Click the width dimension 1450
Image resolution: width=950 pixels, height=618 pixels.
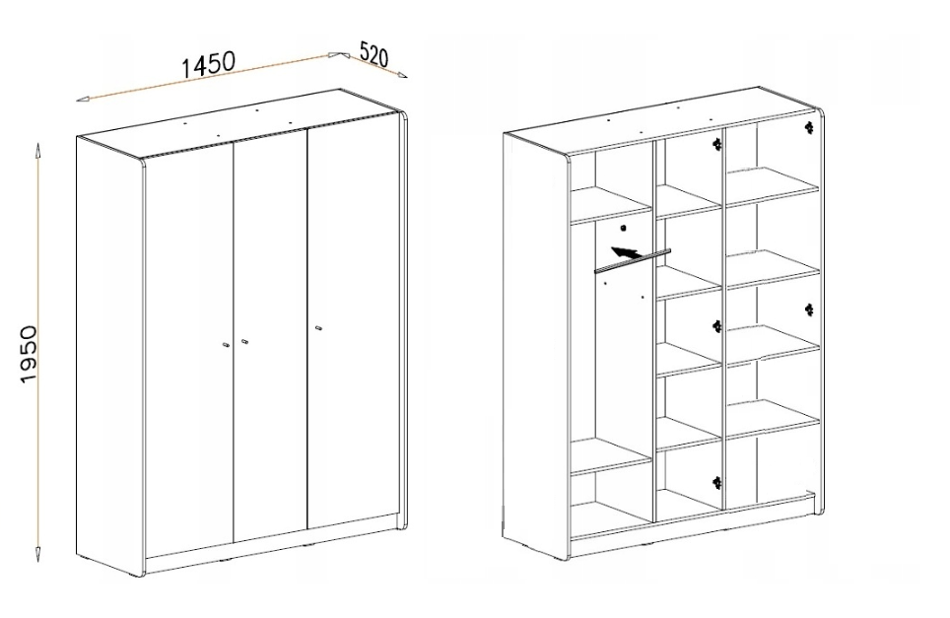click(208, 64)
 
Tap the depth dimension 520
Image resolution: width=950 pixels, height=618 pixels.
click(373, 54)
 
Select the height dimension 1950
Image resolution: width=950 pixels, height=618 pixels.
click(29, 354)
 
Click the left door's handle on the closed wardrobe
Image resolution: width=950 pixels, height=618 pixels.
click(225, 345)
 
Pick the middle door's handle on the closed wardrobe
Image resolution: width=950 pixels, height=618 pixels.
click(244, 341)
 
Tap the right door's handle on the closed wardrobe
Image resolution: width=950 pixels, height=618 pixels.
click(318, 328)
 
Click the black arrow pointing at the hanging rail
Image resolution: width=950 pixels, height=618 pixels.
click(626, 253)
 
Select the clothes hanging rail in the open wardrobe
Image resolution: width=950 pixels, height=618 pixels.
click(633, 261)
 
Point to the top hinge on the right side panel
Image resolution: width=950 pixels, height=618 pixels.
click(809, 127)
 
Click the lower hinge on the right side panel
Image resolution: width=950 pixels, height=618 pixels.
click(809, 309)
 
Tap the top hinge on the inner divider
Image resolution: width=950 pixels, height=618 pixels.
click(717, 144)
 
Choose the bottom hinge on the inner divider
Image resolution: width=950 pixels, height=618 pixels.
click(717, 483)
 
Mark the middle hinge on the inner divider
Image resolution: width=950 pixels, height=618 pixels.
click(717, 326)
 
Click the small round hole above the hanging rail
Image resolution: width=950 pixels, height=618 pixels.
click(623, 228)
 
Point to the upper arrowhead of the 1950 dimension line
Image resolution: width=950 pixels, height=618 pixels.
click(38, 149)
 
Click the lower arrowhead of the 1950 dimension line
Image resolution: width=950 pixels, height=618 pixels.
click(38, 554)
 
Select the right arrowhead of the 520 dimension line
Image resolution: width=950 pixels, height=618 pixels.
click(402, 75)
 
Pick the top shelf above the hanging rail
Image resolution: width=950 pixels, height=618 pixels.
click(611, 204)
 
